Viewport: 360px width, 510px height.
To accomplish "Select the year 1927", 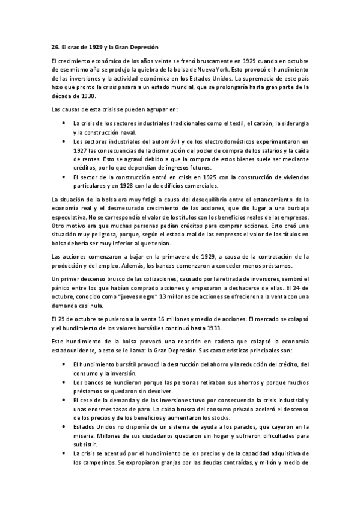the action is (x=79, y=150).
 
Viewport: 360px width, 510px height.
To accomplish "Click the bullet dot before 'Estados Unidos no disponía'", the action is (x=64, y=426).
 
